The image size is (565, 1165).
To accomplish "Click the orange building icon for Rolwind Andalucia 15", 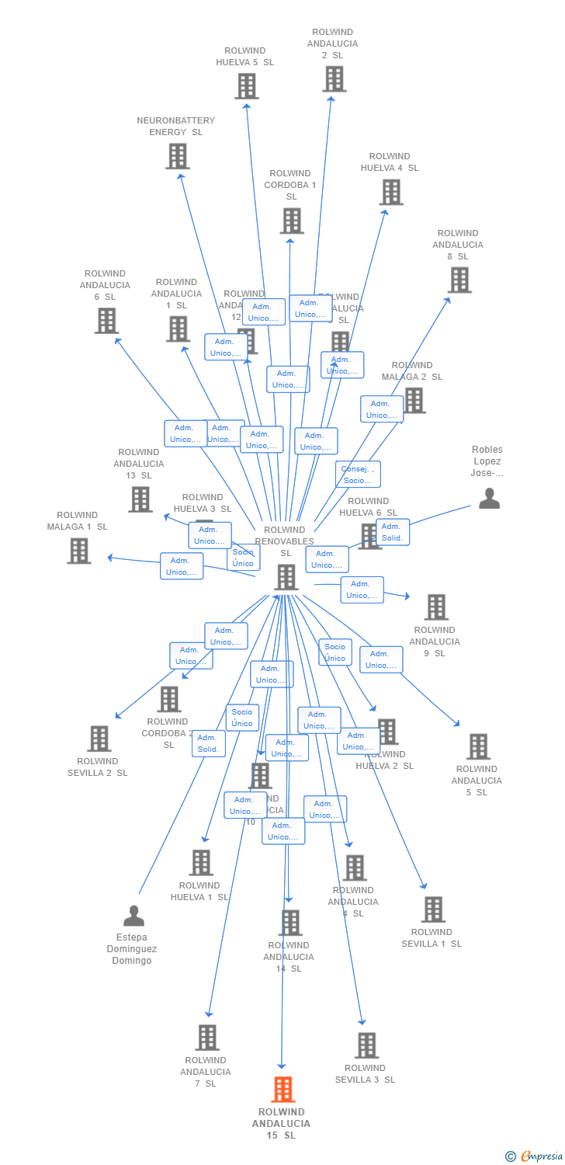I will [x=283, y=1090].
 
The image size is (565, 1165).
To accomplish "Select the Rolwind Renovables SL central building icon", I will [x=286, y=577].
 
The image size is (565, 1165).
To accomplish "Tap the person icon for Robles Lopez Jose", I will [x=489, y=499].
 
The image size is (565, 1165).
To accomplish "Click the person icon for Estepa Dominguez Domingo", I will [x=133, y=916].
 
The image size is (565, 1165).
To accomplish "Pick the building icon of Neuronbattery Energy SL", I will [x=178, y=156].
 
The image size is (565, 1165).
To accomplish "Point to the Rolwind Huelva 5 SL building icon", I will [x=246, y=86].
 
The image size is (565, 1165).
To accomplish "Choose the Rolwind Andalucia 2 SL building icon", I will [x=334, y=79].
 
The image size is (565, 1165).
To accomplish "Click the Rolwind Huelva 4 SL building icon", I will [x=390, y=192].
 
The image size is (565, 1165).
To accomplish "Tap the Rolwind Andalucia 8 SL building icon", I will [x=459, y=280].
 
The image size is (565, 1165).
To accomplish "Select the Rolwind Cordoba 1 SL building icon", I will [x=291, y=221].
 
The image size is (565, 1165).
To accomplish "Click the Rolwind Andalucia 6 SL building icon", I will [x=106, y=321].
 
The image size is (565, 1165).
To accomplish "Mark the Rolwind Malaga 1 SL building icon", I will [x=79, y=551].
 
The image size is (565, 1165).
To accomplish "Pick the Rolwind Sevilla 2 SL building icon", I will [x=99, y=739].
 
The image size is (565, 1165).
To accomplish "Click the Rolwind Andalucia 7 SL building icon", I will [x=206, y=1038].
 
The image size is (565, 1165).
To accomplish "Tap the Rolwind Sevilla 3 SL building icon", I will [x=366, y=1045].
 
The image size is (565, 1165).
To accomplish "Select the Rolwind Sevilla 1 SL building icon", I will [x=432, y=909].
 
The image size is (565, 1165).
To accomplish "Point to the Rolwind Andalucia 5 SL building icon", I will [x=478, y=746].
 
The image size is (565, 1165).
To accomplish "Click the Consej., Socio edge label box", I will [x=358, y=475].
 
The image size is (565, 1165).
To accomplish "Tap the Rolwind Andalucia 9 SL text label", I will [x=435, y=642].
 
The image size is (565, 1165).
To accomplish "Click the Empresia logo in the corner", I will [x=533, y=1156].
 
